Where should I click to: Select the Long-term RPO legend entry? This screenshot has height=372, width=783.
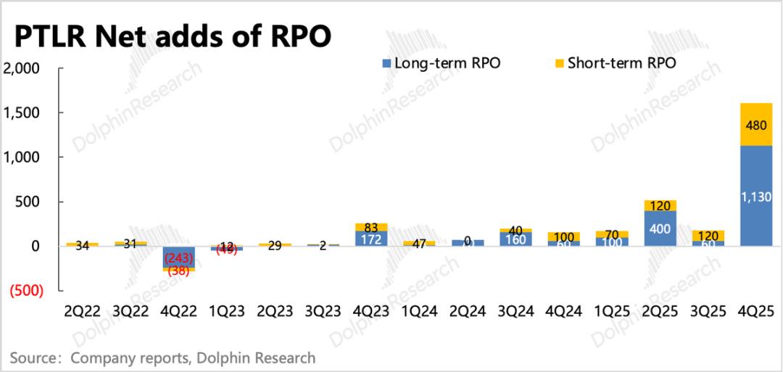[441, 63]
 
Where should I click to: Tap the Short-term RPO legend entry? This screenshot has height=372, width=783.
[614, 63]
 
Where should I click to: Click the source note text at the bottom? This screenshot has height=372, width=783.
[164, 357]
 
